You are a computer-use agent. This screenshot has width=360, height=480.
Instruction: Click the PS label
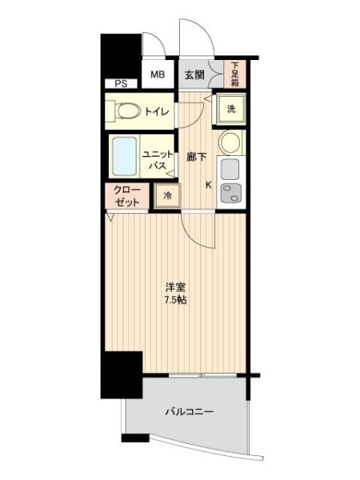point(121,83)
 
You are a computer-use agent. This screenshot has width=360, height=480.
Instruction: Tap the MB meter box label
point(158,74)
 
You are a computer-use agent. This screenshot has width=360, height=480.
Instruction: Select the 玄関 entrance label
point(194,74)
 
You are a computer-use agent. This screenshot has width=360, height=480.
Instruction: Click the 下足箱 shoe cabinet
point(234,74)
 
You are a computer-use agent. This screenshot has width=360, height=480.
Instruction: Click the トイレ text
point(157,111)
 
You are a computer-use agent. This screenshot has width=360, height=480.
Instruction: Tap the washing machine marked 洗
point(231,109)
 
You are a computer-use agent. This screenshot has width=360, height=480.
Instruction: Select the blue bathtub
point(125,156)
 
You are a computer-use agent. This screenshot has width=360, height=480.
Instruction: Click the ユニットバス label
point(158,160)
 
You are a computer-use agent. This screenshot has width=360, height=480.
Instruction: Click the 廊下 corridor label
point(196,157)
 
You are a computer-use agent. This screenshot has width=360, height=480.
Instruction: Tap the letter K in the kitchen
point(209,185)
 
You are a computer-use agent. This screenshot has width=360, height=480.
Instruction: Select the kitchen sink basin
point(230,170)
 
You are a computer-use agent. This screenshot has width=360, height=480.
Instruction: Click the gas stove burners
point(230,193)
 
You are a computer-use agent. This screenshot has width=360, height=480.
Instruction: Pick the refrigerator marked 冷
point(167,196)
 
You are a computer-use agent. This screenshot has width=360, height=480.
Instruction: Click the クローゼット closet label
point(126,196)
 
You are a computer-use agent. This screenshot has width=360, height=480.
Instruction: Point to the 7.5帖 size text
point(175,300)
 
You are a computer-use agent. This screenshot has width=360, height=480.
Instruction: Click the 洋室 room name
point(175,287)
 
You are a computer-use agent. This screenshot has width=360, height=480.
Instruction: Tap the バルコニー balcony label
point(189,412)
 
